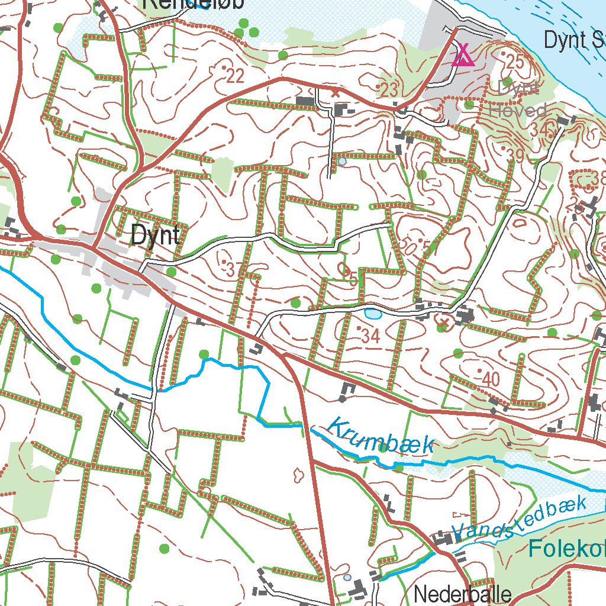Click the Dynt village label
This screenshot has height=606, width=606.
coord(155,236)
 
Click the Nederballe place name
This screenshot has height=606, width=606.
coord(462,593)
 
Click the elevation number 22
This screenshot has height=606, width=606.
coord(235,75)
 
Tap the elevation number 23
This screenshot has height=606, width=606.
coord(389,90)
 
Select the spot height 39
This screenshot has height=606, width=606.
coord(515,156)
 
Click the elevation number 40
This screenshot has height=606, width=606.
coord(491,379)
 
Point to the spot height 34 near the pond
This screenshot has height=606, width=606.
coord(370,336)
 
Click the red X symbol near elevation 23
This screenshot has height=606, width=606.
coord(336,92)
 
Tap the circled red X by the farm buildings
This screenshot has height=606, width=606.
coord(443,323)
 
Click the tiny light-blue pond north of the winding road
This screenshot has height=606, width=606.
coord(342,161)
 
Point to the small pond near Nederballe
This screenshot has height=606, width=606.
coord(347,576)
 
